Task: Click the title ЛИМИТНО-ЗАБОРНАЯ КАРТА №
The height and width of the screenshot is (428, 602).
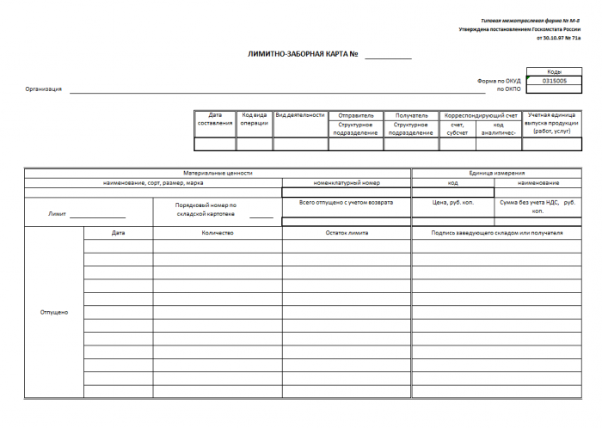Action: [x=302, y=54]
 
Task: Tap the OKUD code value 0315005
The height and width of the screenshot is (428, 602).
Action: [x=554, y=81]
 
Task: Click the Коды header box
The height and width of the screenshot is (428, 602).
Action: [x=554, y=72]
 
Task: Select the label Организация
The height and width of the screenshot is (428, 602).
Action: [x=43, y=89]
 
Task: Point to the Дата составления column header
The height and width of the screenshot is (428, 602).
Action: [x=215, y=119]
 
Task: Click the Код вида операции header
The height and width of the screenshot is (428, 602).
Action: [x=254, y=119]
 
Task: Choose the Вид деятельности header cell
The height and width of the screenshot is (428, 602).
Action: [x=300, y=114]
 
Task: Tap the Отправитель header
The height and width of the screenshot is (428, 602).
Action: [x=355, y=114]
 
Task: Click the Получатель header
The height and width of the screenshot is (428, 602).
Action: [x=411, y=114]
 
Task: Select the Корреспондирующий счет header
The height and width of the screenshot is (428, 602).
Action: [x=480, y=114]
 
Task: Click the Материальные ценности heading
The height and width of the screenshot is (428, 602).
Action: [x=218, y=173]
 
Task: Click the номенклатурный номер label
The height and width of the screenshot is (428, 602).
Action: [x=347, y=183]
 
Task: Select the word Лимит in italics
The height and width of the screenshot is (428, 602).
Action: [x=56, y=212]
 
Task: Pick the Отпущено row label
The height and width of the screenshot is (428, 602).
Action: [x=54, y=312]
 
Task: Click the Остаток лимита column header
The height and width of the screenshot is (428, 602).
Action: [x=347, y=233]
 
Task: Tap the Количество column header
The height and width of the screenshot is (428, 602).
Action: [x=218, y=233]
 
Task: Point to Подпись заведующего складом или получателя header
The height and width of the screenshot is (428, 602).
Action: [x=497, y=233]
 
